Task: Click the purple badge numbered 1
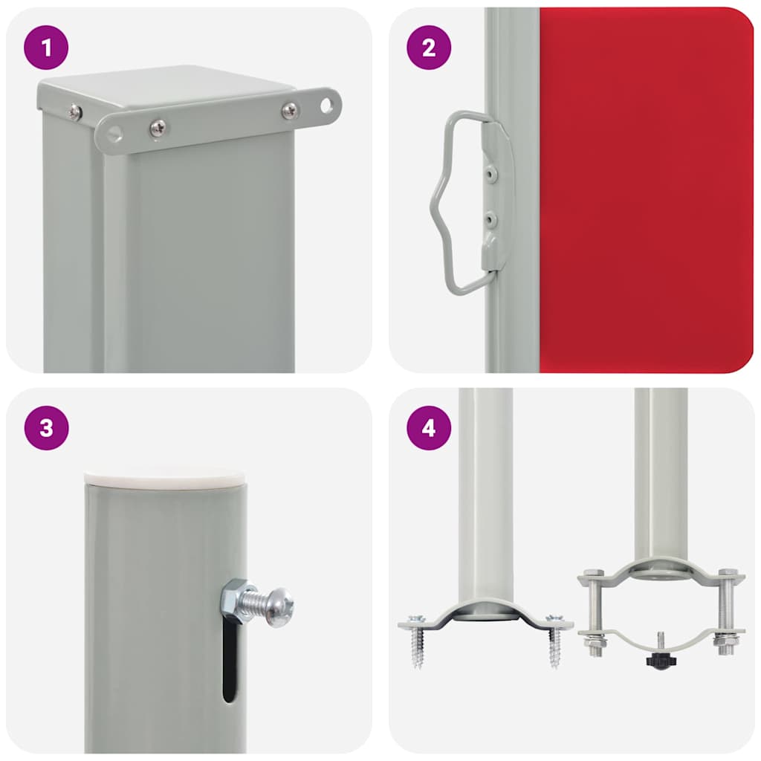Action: pos(46,48)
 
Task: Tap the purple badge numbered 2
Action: pos(429,48)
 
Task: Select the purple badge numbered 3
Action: pos(46,428)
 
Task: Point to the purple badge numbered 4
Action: pos(429,428)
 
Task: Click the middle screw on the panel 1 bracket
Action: pos(158,128)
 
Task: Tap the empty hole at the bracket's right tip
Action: pos(326,105)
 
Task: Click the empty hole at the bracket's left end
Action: pos(114,134)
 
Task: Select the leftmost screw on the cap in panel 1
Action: pos(74,112)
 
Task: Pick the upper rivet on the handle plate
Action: pos(489,172)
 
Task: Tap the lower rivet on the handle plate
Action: pos(489,218)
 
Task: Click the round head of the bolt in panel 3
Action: pos(280,606)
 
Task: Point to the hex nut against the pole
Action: pos(236,599)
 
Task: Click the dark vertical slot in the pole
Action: pos(230,661)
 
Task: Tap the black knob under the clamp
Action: pos(655,659)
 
